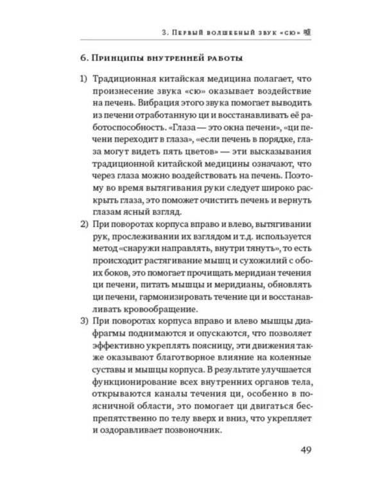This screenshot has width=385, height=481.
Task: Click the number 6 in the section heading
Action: pos(83,60)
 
